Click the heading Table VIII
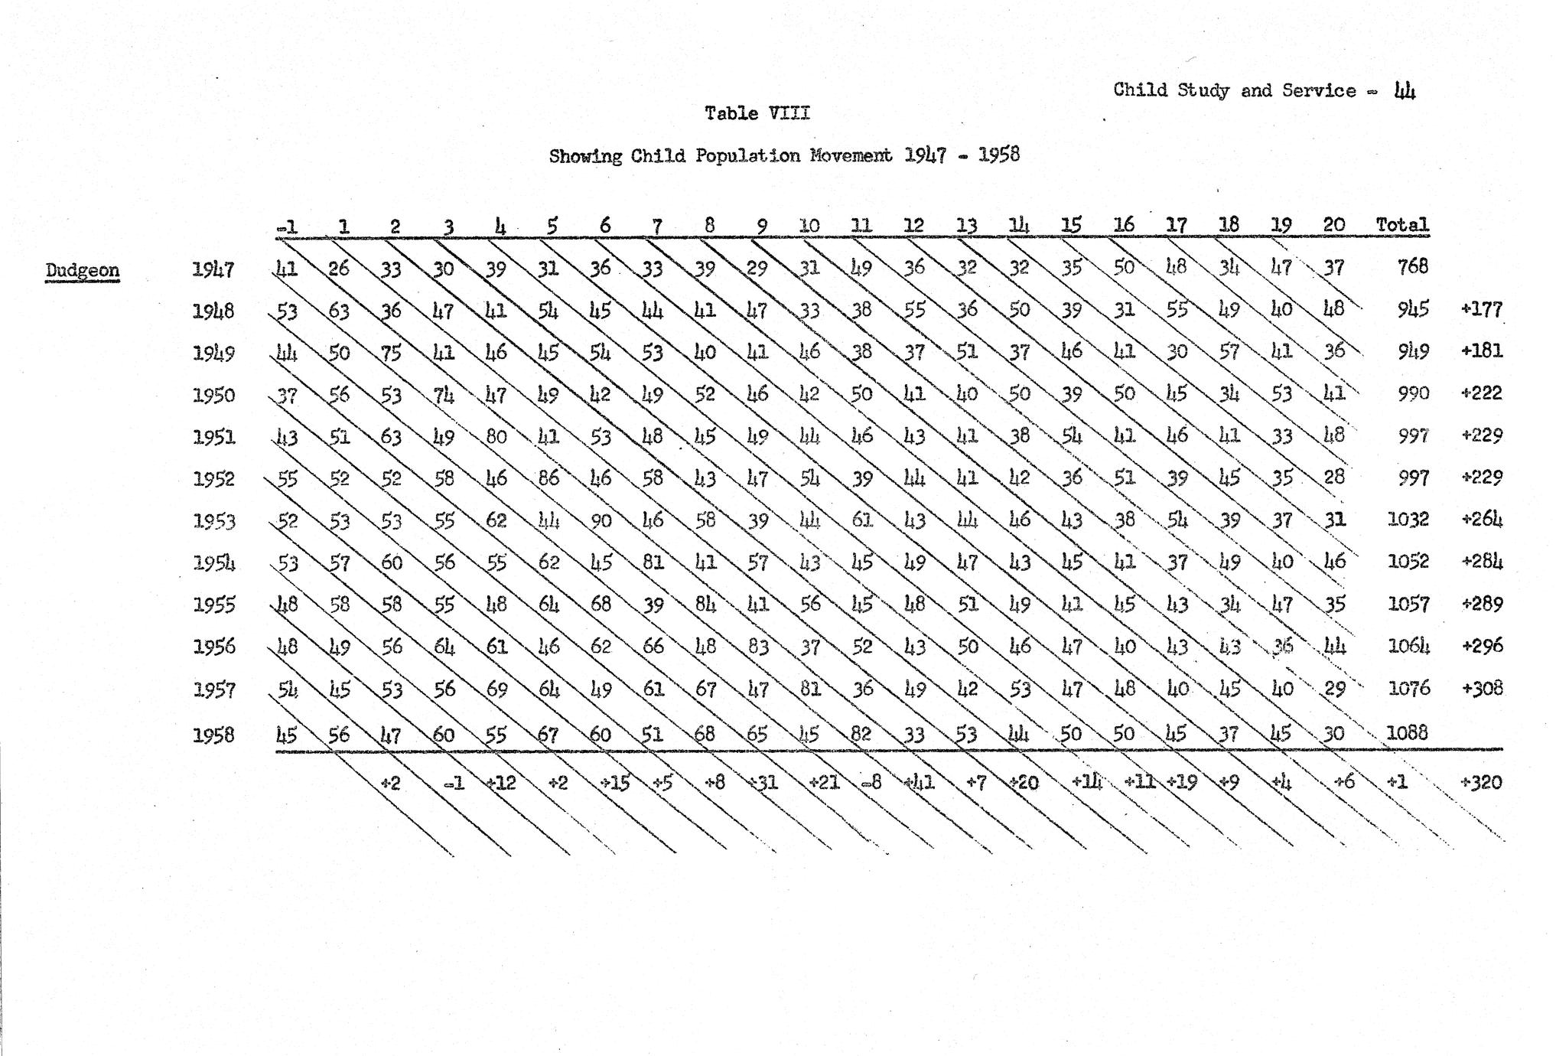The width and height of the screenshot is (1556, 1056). point(757,113)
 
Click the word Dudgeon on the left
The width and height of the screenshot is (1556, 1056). point(82,270)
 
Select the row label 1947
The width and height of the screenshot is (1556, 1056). point(213,269)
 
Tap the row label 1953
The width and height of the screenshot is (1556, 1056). point(213,521)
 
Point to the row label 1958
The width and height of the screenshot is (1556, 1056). point(213,735)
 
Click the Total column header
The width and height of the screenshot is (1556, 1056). point(1401,225)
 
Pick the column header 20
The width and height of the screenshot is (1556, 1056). point(1333,224)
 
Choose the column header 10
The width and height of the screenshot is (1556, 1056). point(809,226)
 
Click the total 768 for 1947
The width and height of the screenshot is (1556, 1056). point(1412,266)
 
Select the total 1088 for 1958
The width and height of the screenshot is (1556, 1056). point(1407,732)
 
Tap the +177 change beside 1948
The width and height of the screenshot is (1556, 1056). point(1481,309)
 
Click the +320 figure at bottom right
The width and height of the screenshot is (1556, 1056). point(1481,782)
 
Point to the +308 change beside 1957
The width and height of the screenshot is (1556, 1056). point(1481,688)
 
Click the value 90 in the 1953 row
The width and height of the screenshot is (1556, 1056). point(601,521)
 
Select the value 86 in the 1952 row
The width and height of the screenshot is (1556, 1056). point(549,478)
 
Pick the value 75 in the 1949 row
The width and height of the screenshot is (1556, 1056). point(392,353)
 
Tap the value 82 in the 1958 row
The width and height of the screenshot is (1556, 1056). point(861,734)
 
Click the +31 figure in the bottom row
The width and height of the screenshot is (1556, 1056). point(761,783)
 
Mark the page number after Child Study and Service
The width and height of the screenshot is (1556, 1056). point(1405,91)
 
